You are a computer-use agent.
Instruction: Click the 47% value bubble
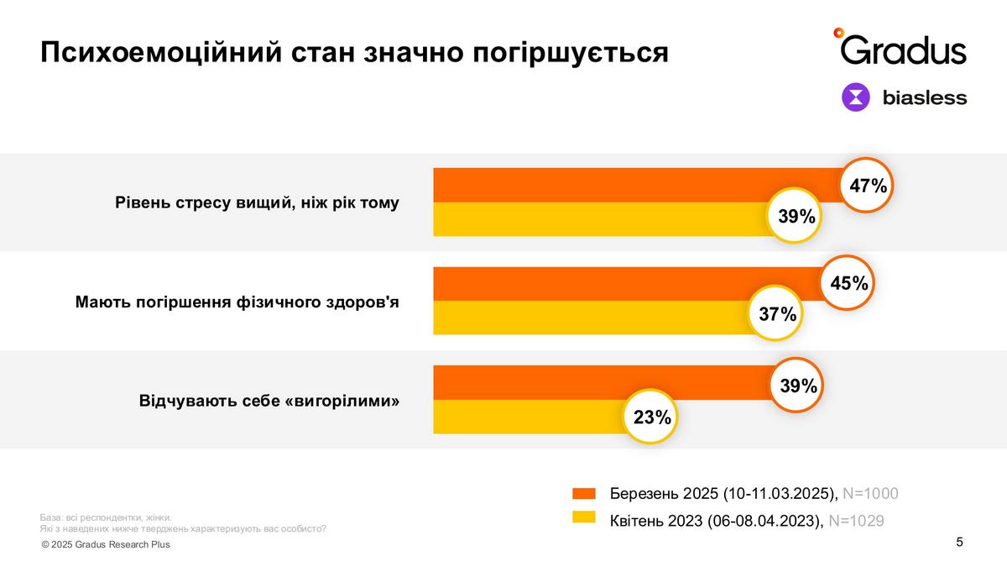click(868, 186)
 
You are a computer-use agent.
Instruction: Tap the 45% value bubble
click(848, 283)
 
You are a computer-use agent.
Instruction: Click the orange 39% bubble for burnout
click(798, 386)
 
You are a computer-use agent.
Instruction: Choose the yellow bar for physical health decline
click(587, 318)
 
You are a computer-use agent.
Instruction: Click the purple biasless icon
click(856, 97)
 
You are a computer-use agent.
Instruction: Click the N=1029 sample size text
click(856, 521)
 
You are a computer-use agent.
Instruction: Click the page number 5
click(959, 542)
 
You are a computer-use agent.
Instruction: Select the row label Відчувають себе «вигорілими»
click(269, 401)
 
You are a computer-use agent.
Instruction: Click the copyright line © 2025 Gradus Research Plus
click(106, 544)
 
